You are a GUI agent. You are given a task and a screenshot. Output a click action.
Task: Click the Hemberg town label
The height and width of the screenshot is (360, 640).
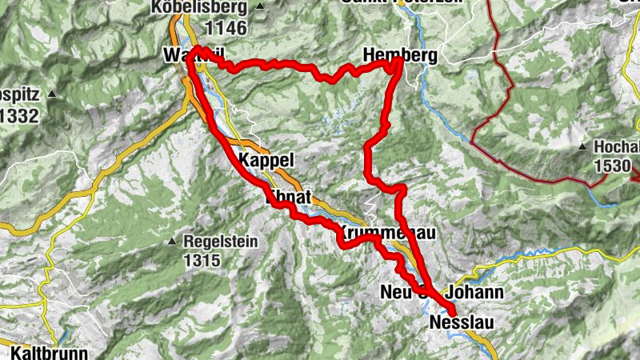(x=399, y=55)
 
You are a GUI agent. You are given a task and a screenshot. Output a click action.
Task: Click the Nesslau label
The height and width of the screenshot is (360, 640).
(x=462, y=322)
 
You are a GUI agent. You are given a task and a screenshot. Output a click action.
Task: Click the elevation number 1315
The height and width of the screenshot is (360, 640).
(x=201, y=260)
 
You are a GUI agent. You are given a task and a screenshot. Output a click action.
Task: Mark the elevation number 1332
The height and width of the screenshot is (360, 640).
(x=18, y=116)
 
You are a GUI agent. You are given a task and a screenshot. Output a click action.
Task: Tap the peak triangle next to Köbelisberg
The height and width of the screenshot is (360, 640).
(x=261, y=8)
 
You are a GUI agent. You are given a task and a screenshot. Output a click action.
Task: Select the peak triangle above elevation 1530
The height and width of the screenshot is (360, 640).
(x=585, y=148)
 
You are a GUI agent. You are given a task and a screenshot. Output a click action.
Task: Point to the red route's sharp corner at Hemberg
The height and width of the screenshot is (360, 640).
(x=398, y=67)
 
